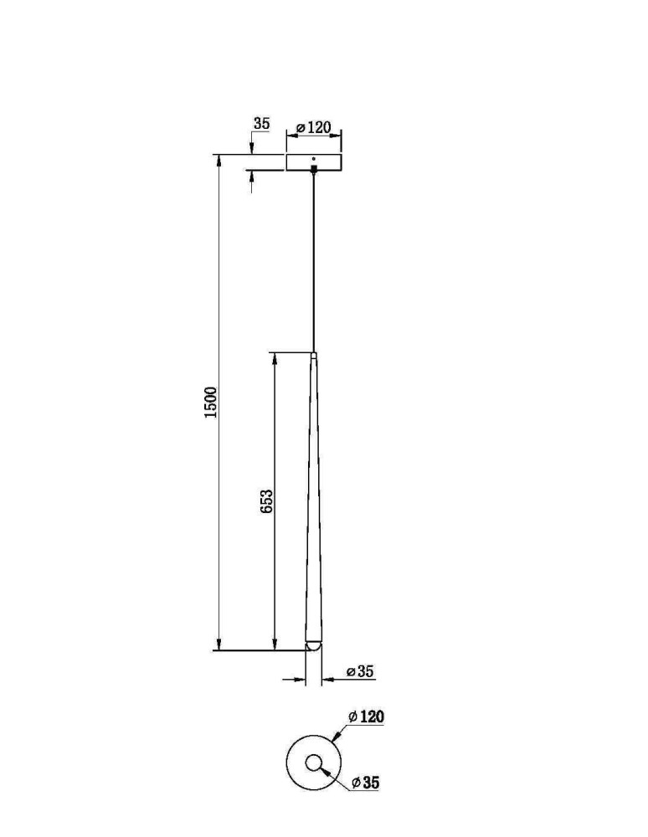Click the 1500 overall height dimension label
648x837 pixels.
pos(212,402)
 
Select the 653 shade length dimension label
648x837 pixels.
pos(266,501)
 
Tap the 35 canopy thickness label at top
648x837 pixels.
pos(261,124)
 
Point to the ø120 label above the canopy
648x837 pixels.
pos(314,127)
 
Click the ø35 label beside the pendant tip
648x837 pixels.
pos(360,671)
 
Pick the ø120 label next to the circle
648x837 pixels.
pos(366,716)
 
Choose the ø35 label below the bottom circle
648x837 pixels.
pos(366,783)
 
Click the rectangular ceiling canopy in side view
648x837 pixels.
pos(314,163)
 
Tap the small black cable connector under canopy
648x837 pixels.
pos(314,169)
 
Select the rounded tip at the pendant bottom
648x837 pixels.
pos(313,645)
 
